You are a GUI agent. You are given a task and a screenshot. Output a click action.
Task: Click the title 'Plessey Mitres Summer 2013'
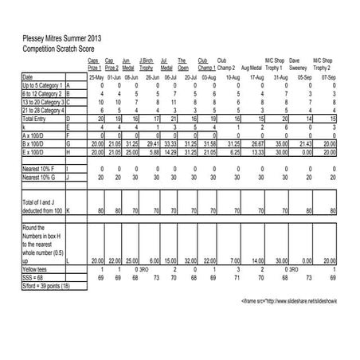(62, 38)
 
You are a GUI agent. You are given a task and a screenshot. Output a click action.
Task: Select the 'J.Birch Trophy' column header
(146, 64)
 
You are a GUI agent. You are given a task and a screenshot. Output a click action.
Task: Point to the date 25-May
(96, 76)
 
